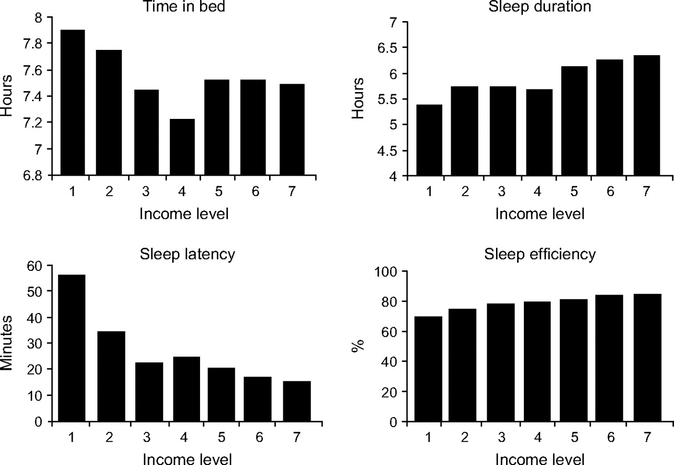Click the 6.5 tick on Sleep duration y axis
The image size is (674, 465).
(x=393, y=48)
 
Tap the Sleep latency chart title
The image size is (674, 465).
(x=187, y=255)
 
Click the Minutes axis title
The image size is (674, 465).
(x=6, y=342)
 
